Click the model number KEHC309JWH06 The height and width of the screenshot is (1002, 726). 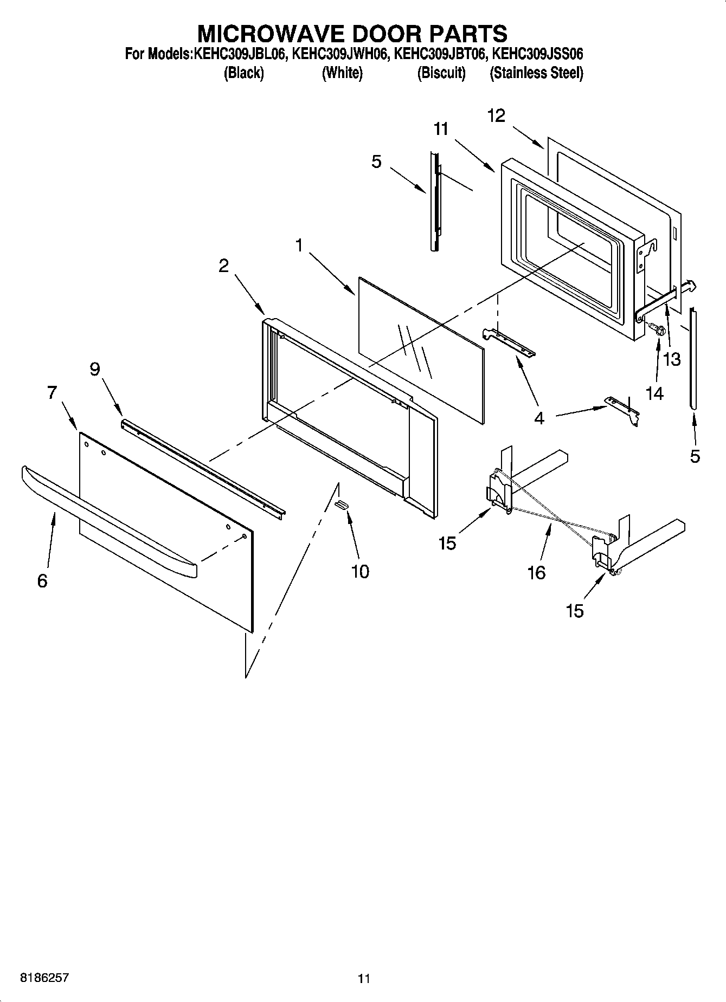click(339, 55)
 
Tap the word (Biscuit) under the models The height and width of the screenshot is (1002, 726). click(441, 73)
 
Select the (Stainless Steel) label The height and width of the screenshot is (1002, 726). click(536, 73)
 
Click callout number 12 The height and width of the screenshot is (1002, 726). click(496, 115)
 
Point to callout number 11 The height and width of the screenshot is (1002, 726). click(441, 129)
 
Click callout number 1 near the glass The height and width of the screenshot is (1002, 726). click(299, 245)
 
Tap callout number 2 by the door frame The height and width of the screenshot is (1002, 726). click(223, 266)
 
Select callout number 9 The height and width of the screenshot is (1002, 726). click(95, 369)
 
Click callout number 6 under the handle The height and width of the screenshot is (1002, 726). click(42, 581)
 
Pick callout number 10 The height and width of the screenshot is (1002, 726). click(360, 571)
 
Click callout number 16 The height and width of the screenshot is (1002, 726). click(536, 572)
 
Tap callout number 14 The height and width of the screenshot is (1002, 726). click(654, 393)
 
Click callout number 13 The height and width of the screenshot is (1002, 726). click(672, 359)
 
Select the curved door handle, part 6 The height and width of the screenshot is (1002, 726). click(108, 520)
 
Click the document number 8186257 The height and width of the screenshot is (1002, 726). click(44, 978)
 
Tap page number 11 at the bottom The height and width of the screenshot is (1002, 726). click(364, 979)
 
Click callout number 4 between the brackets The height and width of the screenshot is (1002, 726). click(539, 418)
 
